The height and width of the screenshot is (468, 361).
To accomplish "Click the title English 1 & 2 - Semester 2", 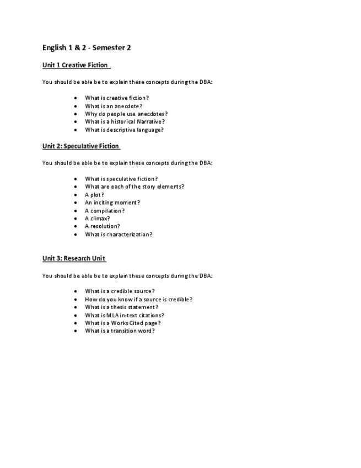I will [87, 47].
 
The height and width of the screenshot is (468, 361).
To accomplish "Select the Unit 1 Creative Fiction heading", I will [76, 65].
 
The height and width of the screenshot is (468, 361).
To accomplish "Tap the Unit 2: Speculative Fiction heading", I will [80, 146].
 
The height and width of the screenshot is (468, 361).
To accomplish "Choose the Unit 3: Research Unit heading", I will [74, 258].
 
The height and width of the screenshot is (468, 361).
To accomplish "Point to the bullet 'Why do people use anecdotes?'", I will [126, 114].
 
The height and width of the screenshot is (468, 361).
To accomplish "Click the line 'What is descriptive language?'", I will [124, 130].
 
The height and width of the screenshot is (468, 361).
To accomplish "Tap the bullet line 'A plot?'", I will [94, 195].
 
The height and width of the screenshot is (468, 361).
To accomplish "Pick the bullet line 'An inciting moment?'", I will [112, 203].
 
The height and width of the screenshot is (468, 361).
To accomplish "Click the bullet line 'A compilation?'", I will [105, 211].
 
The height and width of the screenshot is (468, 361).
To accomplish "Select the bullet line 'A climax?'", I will [97, 219].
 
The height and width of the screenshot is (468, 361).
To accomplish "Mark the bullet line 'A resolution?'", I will [102, 226].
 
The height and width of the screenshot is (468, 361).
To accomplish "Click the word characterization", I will [128, 235].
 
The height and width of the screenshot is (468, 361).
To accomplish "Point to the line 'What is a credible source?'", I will [120, 291].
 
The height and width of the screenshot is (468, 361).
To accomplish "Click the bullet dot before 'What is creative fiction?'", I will [76, 98].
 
